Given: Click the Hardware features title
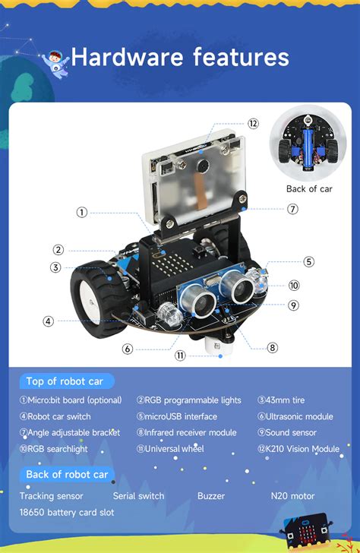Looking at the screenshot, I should (x=180, y=57).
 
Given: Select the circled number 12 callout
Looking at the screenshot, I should (x=253, y=123).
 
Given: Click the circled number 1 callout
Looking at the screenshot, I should (x=81, y=212).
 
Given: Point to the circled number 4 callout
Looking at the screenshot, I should (x=48, y=321).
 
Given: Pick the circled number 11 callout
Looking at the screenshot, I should (x=180, y=355).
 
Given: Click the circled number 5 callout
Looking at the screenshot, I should (x=308, y=261).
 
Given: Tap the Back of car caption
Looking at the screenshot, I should (x=308, y=188).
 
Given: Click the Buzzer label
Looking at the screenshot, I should (x=211, y=496).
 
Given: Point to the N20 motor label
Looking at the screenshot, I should (x=292, y=496).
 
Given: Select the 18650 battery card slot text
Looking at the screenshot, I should (x=67, y=512).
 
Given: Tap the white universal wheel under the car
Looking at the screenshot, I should (x=216, y=346).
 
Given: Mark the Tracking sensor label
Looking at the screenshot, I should (x=52, y=496).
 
